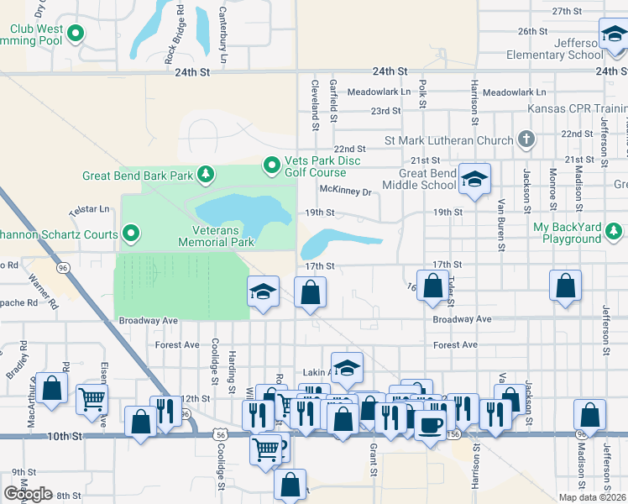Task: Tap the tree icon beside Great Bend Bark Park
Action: [x=204, y=176]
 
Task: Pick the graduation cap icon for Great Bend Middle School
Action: [x=474, y=179]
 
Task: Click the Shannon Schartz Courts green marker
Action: [x=130, y=233]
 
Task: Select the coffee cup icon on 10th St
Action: [x=432, y=426]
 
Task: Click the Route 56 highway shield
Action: [x=220, y=435]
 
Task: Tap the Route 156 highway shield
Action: [x=454, y=435]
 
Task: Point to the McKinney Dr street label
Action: [x=345, y=192]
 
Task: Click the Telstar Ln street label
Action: [x=93, y=208]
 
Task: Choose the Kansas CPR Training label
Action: [x=577, y=109]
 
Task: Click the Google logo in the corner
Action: [x=29, y=494]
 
